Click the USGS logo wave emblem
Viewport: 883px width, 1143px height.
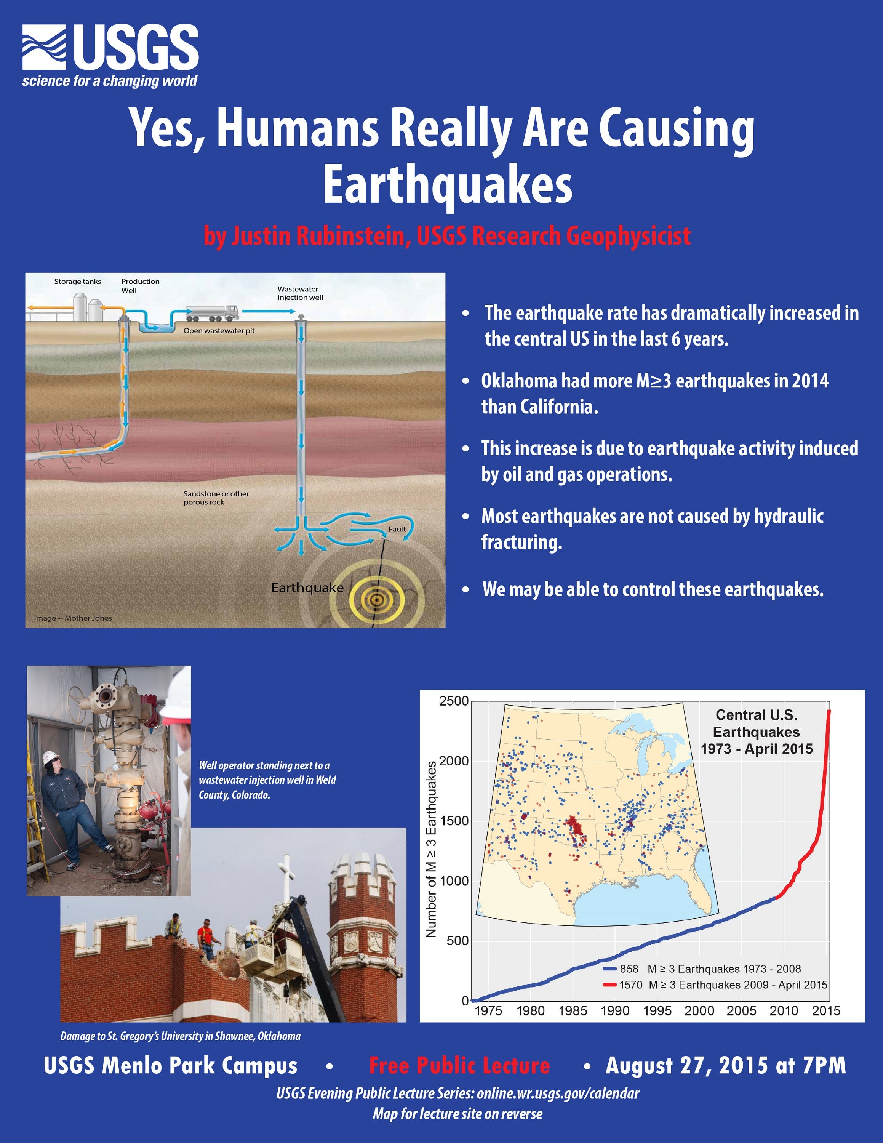pos(45,48)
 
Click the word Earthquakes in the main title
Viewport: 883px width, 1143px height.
pos(447,186)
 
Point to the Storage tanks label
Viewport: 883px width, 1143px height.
pos(77,282)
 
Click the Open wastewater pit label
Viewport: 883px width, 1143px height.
pos(219,331)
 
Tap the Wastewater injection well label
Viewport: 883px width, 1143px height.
pos(300,293)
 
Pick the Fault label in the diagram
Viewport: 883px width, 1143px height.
pos(397,529)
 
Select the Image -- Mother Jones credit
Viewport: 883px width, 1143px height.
pos(73,618)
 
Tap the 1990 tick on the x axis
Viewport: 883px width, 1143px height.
pos(615,1010)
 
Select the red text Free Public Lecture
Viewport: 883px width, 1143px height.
pos(459,1066)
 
